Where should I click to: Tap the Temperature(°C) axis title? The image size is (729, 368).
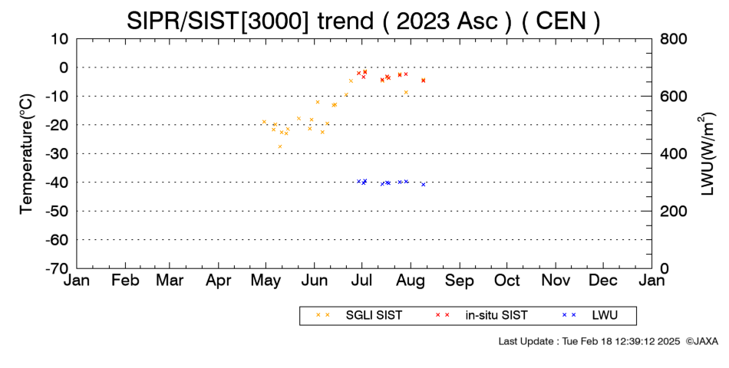(27, 154)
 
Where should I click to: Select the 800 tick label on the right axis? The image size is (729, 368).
(674, 39)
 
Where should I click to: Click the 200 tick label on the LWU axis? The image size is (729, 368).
(674, 212)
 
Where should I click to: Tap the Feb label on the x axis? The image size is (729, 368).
(126, 281)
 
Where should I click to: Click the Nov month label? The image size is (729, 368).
(556, 281)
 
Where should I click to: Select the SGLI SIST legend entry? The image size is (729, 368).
(359, 316)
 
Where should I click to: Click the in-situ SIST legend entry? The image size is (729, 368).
(482, 316)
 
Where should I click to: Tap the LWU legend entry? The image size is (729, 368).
(590, 316)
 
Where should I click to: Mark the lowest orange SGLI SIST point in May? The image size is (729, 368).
(280, 146)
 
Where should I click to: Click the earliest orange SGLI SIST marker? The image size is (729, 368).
(264, 122)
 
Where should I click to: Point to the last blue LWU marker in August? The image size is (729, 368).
(423, 185)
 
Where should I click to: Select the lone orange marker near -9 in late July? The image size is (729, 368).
(406, 93)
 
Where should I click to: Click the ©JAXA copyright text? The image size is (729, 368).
(701, 341)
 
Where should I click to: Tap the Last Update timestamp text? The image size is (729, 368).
(589, 341)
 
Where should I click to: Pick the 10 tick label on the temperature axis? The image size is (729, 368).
(60, 39)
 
